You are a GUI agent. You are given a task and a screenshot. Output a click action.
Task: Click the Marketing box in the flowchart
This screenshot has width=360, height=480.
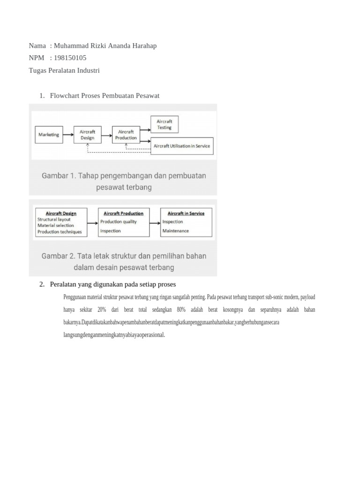[x=49, y=135]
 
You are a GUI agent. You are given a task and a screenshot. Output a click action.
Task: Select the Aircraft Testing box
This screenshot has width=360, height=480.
[x=164, y=124]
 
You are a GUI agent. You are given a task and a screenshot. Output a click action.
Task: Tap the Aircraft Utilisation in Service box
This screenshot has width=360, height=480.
[x=182, y=146]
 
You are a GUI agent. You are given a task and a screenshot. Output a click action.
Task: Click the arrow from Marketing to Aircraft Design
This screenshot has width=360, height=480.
[x=68, y=135]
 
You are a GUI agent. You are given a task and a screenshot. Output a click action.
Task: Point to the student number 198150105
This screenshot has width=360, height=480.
[x=70, y=58]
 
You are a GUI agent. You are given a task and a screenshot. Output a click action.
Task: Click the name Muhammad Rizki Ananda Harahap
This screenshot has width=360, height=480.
[x=105, y=45]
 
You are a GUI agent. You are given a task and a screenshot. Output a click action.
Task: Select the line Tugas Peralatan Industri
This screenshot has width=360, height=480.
[x=64, y=70]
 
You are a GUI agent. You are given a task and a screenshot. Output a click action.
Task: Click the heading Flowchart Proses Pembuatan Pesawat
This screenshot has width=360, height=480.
[x=105, y=96]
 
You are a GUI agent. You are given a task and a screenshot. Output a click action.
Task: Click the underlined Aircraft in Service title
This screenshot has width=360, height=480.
[x=186, y=213]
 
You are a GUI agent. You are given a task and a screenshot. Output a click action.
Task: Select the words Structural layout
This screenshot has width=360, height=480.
[x=54, y=219]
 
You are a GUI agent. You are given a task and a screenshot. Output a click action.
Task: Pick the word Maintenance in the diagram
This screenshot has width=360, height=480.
[x=176, y=231]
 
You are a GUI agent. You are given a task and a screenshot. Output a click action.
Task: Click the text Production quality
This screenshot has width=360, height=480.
[x=119, y=222]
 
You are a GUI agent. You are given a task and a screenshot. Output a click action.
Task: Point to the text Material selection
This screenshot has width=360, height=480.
[x=56, y=225]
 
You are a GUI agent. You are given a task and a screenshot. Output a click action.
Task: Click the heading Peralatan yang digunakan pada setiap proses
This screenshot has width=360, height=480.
[x=112, y=284]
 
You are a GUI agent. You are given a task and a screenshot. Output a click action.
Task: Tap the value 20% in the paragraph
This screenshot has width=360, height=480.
[x=102, y=310]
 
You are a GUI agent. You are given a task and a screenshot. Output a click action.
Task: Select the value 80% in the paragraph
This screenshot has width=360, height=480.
[x=181, y=310]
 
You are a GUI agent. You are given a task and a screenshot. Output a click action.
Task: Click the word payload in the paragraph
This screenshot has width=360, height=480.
[x=307, y=297]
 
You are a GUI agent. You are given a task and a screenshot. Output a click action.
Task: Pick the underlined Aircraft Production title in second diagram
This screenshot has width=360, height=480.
[x=123, y=213]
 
